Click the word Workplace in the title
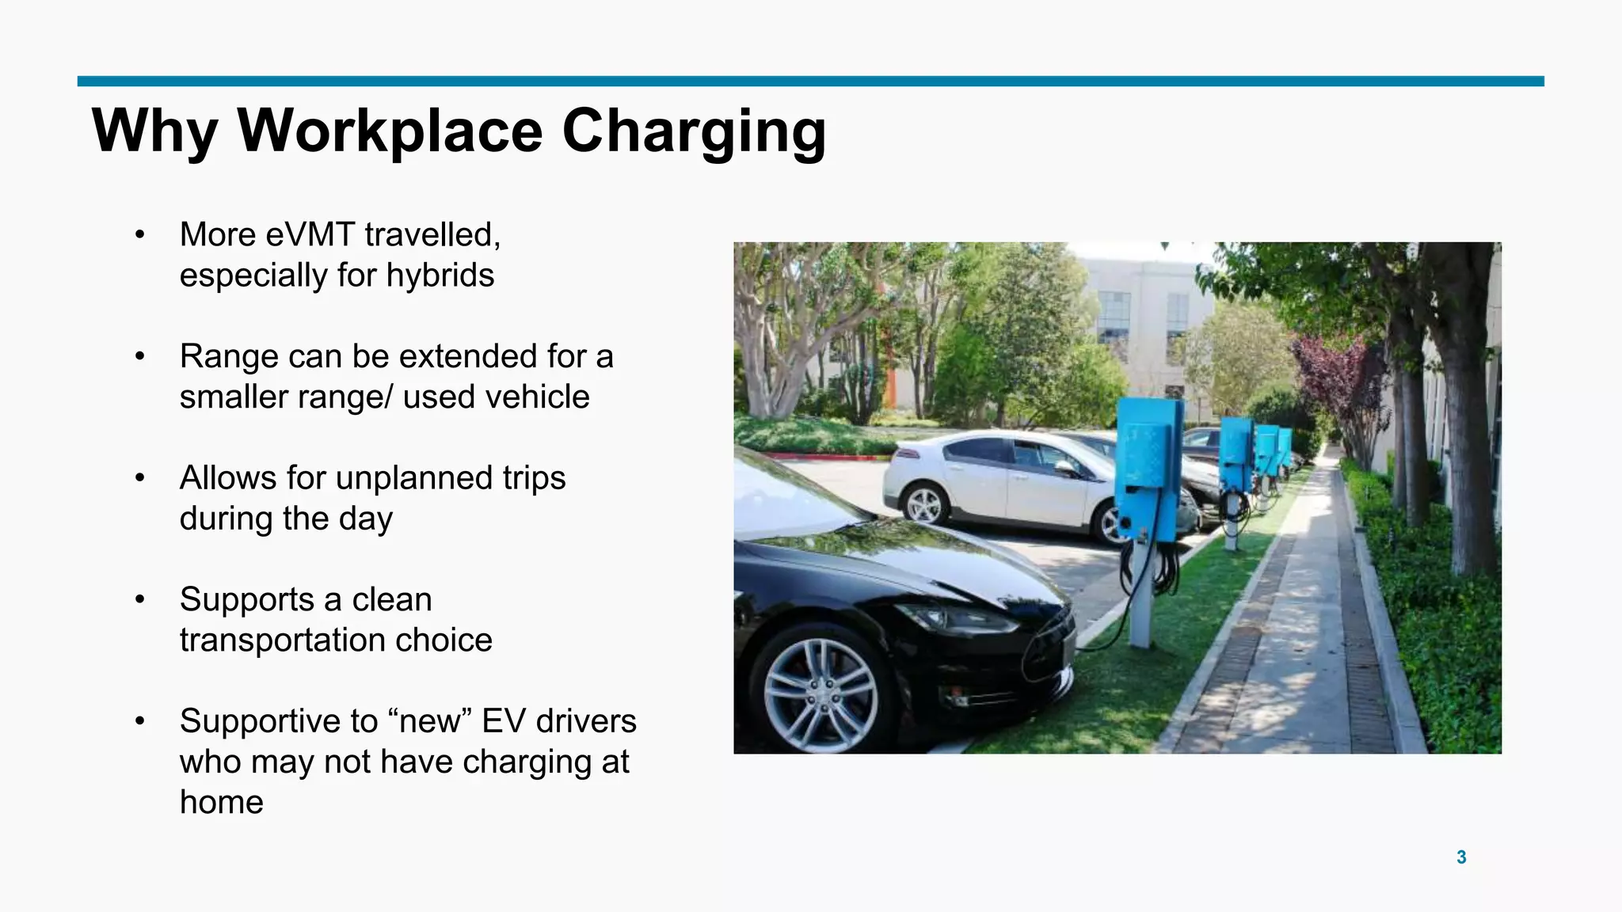tap(390, 131)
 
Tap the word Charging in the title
tap(694, 131)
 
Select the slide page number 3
tap(1461, 857)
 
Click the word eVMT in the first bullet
tap(310, 235)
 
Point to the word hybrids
tap(440, 276)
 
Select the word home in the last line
tap(221, 803)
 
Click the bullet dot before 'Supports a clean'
tap(140, 600)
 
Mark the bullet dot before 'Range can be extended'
tap(140, 357)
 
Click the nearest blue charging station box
tap(1148, 467)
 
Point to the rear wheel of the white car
tap(923, 504)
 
